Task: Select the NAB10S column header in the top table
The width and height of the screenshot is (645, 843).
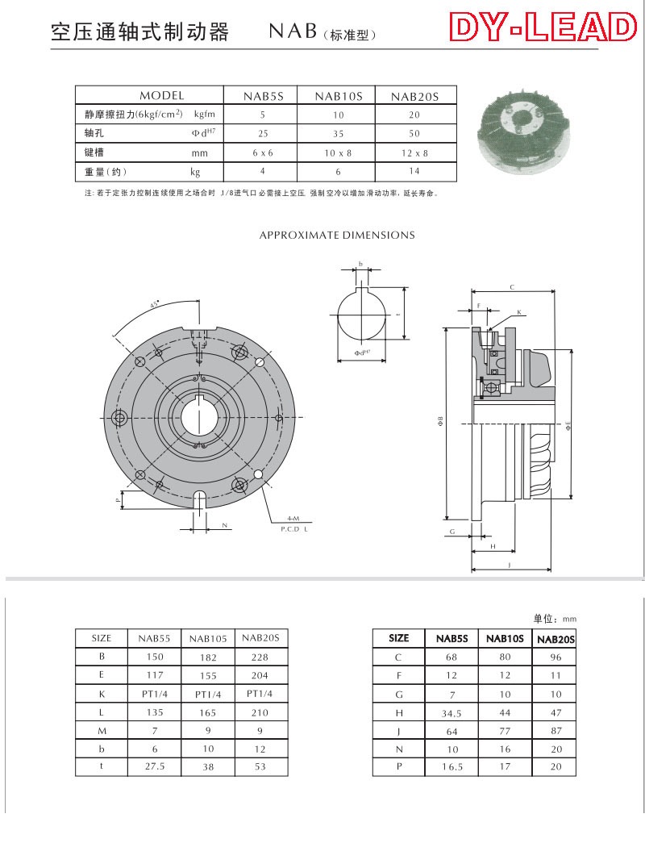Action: coord(339,96)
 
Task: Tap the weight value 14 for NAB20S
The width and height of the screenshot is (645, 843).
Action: coord(414,171)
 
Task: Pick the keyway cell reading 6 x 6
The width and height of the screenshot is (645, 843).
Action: coord(264,152)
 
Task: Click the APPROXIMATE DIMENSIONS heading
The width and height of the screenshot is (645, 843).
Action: coord(337,236)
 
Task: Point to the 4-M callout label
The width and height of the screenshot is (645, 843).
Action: coord(293,517)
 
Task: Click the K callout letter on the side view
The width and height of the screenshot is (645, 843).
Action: coord(518,311)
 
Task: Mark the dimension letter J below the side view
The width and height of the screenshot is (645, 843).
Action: coord(510,565)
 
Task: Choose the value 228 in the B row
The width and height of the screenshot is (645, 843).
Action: coord(260,657)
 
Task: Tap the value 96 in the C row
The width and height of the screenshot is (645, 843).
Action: coord(555,657)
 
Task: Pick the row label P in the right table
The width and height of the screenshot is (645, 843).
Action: coord(398,767)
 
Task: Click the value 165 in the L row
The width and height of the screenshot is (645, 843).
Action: coord(207,712)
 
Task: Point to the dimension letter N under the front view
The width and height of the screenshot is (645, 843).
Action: coord(225,525)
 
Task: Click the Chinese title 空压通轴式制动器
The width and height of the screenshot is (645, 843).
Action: coord(139,32)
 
